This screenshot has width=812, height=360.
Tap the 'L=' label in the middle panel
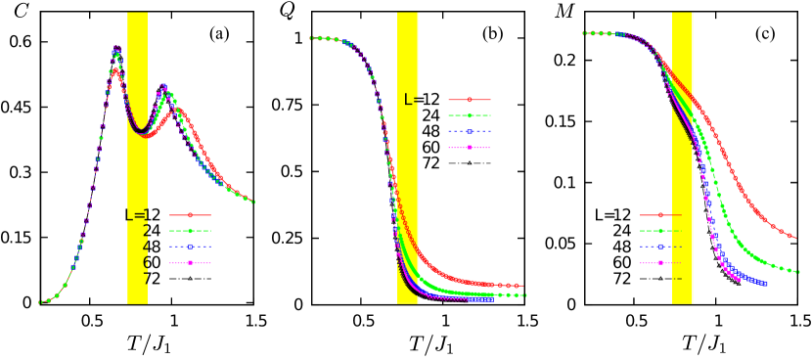pos(412,100)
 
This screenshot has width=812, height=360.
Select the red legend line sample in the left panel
pos(190,215)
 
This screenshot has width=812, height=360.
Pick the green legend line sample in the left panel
pos(190,231)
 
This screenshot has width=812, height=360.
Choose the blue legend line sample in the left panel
pos(190,247)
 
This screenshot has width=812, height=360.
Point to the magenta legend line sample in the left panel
pos(190,262)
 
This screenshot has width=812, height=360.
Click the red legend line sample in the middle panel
pos(470,100)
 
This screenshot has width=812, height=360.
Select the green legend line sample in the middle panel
pos(470,115)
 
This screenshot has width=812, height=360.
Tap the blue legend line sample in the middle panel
pos(470,131)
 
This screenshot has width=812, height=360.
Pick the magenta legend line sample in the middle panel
pos(470,147)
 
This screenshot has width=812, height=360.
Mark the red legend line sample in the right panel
pos(660,215)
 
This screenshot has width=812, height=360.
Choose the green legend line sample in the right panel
pos(660,231)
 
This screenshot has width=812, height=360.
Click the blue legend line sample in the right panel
pos(660,247)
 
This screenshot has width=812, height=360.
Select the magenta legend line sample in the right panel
pos(660,262)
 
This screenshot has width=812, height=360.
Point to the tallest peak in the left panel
pos(115,47)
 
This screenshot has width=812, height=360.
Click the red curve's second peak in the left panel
pos(176,110)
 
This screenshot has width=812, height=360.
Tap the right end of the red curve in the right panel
pos(794,237)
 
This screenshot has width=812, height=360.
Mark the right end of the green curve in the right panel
pos(799,272)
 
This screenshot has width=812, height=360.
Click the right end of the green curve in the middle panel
pos(524,294)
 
